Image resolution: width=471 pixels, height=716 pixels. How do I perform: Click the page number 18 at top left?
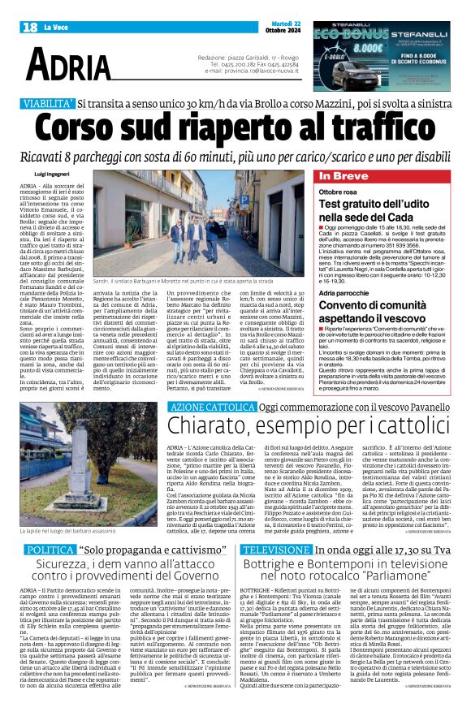point(30,28)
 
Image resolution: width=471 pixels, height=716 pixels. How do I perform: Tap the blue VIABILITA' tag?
point(48,104)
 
